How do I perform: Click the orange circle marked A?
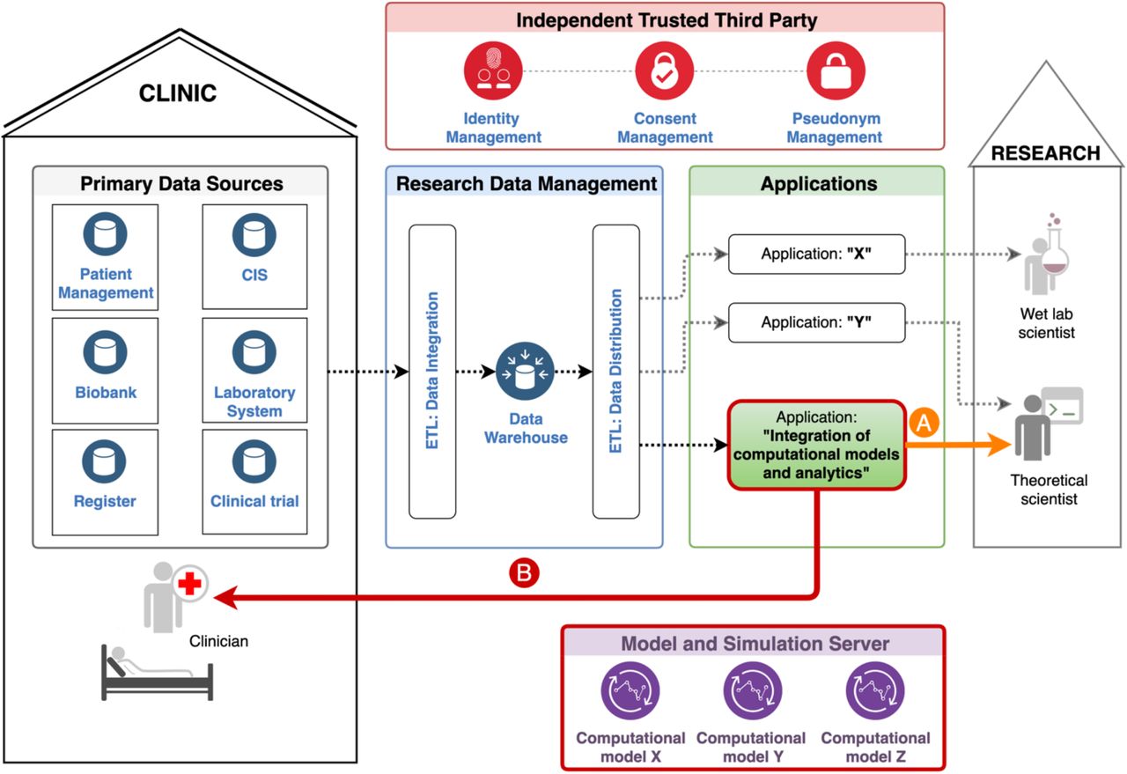[x=924, y=423]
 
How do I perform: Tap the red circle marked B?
[x=524, y=572]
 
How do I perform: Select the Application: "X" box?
[x=816, y=254]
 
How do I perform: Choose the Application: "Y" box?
[x=816, y=322]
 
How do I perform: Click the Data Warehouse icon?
[x=525, y=372]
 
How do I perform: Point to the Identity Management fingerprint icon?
[x=493, y=70]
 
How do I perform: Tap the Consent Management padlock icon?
[x=664, y=70]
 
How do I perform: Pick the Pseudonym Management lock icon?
[x=836, y=70]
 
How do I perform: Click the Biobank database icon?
[x=105, y=351]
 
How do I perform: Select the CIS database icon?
[x=254, y=235]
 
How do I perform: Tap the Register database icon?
[x=104, y=461]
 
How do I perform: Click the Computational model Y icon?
[x=753, y=691]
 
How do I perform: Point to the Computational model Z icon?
[x=875, y=691]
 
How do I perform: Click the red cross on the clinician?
[x=189, y=584]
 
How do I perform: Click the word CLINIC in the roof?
[x=178, y=93]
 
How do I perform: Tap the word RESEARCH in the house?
[x=1045, y=153]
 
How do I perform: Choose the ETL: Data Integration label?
[x=432, y=371]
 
